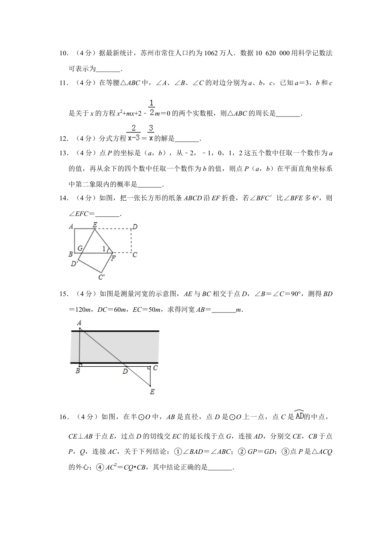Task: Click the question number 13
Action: tap(63, 154)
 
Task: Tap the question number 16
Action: tap(63, 417)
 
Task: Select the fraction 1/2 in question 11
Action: tap(151, 107)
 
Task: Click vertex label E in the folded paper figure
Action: tap(95, 225)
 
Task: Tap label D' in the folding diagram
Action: tap(74, 263)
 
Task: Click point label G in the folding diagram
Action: tap(80, 248)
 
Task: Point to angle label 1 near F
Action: tap(104, 249)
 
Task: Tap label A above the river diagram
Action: tap(79, 323)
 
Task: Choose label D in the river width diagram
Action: tap(125, 371)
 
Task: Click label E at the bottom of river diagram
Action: tap(152, 391)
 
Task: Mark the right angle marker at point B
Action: tap(81, 365)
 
